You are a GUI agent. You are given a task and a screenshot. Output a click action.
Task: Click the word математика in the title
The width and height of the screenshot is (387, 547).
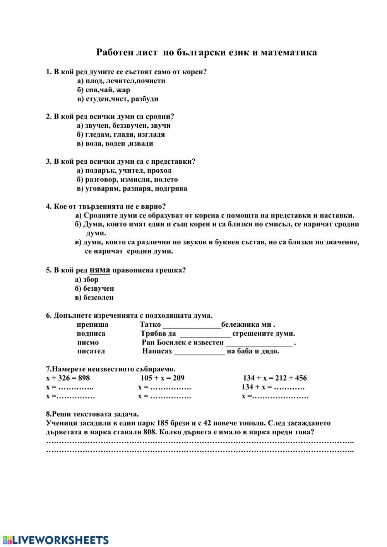click(289, 52)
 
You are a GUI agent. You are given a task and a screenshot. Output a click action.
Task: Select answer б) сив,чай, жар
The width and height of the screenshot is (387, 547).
click(103, 90)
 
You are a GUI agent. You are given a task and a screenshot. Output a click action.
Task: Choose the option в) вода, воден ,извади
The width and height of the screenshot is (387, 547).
click(115, 144)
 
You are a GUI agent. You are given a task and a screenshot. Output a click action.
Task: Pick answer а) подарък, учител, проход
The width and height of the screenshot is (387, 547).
click(124, 171)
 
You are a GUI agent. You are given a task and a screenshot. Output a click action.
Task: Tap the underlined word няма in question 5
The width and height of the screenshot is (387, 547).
click(100, 270)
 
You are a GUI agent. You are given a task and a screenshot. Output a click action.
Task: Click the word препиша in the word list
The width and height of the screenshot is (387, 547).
click(92, 324)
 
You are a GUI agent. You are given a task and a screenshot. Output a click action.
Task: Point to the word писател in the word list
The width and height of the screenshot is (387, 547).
click(91, 352)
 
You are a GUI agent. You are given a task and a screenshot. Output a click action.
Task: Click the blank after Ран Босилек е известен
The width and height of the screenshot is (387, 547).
click(259, 343)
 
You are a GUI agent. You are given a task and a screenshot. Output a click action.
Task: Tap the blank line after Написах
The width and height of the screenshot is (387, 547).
click(199, 352)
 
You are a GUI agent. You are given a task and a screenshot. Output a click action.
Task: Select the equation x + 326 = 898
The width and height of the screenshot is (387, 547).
click(68, 378)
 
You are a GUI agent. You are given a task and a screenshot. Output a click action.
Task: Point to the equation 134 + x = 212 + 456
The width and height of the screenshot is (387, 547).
click(275, 378)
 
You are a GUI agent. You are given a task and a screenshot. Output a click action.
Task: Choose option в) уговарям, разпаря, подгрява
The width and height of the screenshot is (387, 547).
click(132, 189)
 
